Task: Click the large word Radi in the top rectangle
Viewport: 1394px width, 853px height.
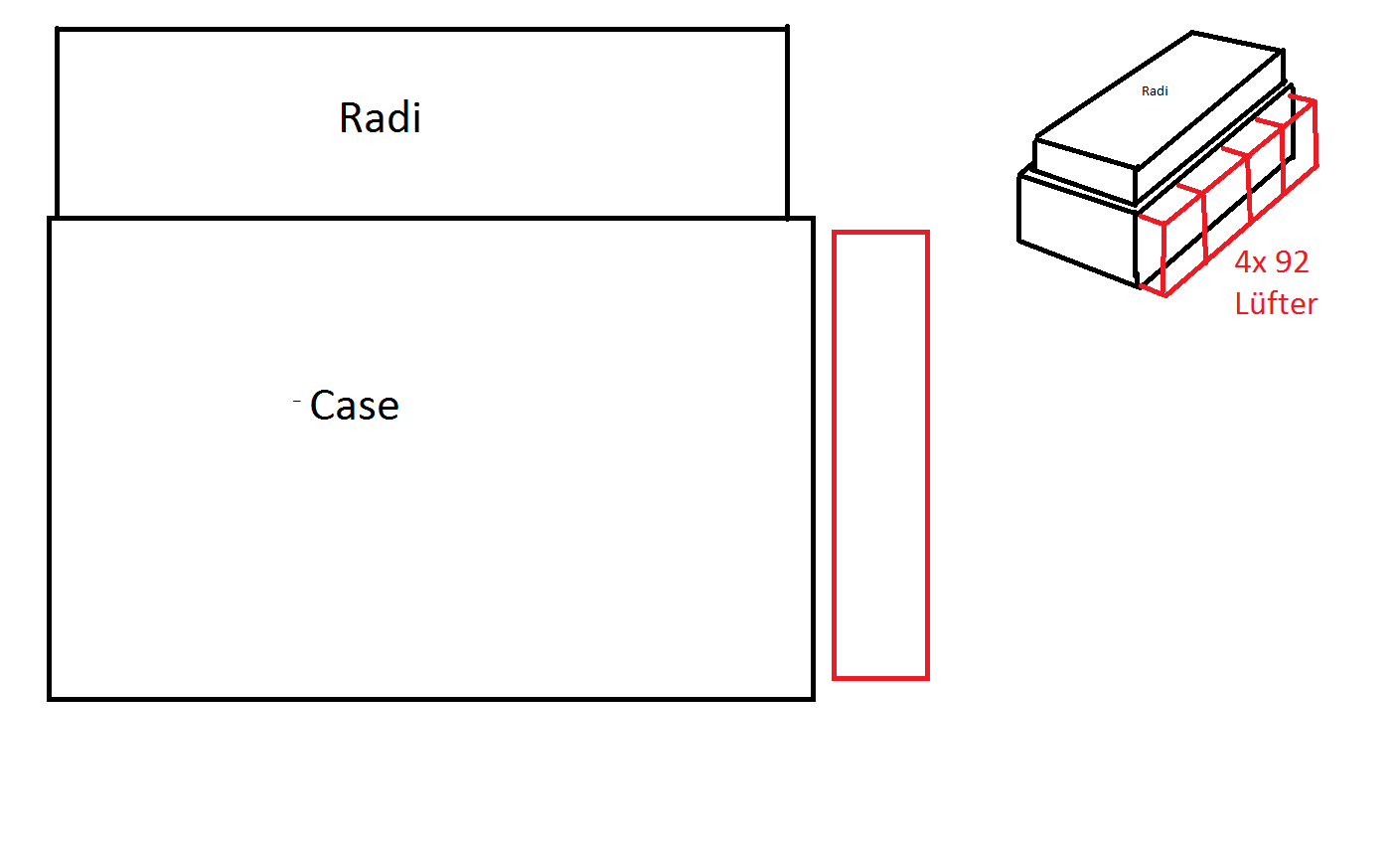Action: (x=381, y=117)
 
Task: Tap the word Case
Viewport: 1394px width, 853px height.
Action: (x=355, y=406)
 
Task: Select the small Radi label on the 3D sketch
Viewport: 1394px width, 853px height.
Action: (x=1155, y=90)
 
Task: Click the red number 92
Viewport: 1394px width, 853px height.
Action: (x=1292, y=262)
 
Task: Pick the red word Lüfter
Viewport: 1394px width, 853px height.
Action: (x=1276, y=303)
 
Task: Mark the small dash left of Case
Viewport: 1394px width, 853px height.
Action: (x=297, y=402)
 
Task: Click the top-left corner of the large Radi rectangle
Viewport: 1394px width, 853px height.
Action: (x=58, y=29)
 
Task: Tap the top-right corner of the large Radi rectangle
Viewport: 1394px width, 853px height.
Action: (x=787, y=29)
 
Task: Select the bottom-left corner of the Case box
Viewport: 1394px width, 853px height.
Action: (x=49, y=699)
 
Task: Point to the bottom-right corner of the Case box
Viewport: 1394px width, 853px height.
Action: (x=814, y=699)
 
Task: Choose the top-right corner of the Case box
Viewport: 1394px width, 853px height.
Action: (x=814, y=219)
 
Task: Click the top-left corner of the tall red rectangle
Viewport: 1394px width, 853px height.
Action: (x=835, y=233)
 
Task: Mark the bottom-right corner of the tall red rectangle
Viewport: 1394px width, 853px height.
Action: (x=928, y=677)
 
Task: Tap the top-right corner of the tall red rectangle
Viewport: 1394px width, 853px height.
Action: (x=928, y=233)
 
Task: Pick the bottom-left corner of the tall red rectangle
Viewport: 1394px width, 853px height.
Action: (x=835, y=677)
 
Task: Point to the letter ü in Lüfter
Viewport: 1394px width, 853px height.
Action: (x=1263, y=304)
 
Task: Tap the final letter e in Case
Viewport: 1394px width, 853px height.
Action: (x=388, y=409)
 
